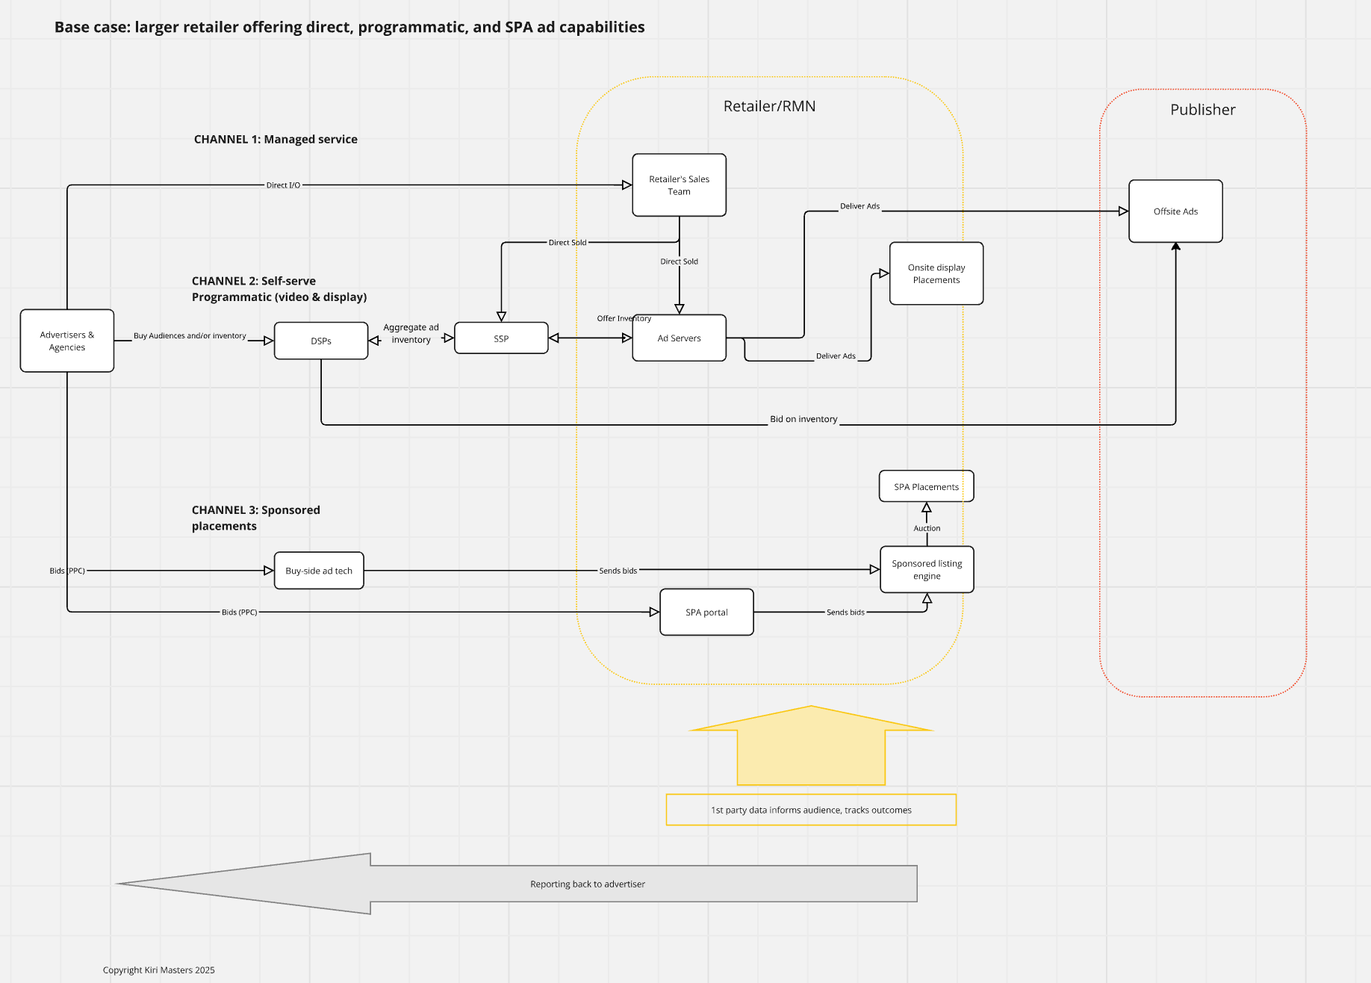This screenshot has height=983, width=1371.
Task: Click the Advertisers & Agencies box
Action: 67,341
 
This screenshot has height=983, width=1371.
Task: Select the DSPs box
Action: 321,341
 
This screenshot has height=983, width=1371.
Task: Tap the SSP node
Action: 501,338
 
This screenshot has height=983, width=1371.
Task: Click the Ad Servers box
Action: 679,338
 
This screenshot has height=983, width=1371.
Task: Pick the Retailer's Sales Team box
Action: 679,185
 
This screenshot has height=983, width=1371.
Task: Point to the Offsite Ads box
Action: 1175,211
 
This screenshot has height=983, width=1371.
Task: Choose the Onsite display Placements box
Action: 936,273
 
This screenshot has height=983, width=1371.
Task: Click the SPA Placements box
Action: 927,486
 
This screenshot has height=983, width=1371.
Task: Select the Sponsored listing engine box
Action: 927,569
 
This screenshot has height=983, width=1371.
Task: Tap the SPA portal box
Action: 706,612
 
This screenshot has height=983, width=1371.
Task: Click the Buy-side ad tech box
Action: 319,571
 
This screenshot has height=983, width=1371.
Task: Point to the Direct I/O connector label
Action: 283,185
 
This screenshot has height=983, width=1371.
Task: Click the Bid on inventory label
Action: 803,419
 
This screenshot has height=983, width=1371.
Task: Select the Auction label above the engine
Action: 927,528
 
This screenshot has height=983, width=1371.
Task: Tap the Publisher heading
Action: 1202,110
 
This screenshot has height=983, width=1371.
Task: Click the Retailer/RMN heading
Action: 769,106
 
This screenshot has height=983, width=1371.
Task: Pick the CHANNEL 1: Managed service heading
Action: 276,139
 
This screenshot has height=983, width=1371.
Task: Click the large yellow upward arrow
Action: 811,745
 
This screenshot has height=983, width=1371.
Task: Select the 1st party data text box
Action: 811,810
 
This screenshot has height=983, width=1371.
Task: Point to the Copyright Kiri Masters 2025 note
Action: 159,970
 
